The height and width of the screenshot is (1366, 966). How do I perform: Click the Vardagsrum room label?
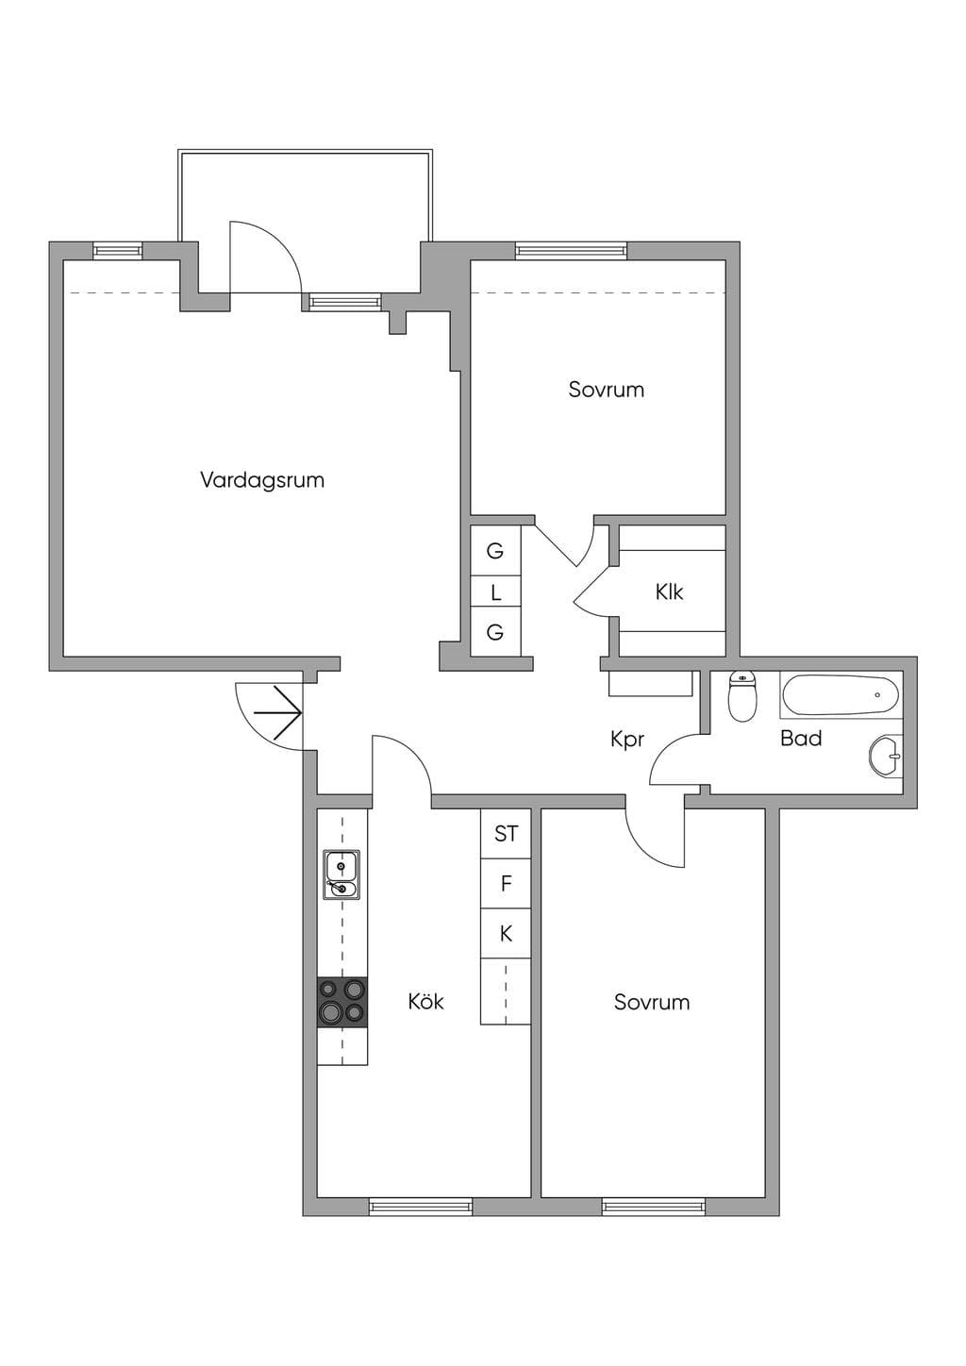tap(262, 481)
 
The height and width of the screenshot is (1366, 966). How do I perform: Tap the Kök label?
tap(425, 1002)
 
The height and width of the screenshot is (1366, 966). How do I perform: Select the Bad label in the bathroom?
tap(801, 739)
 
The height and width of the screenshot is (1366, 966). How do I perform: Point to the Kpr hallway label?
tap(627, 741)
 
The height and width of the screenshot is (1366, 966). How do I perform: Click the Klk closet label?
tap(669, 592)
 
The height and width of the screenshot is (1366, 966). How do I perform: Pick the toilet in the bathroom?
tap(742, 696)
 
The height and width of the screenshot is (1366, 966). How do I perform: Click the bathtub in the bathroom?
tap(841, 694)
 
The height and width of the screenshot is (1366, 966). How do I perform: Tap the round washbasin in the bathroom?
tap(886, 757)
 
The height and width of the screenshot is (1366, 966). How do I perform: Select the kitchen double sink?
tap(341, 875)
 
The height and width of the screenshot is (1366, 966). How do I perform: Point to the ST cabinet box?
tap(506, 834)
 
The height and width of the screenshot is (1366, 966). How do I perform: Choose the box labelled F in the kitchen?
tap(506, 884)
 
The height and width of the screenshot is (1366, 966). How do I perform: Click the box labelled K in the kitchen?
tap(506, 934)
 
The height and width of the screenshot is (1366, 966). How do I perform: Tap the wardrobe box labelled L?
tap(496, 591)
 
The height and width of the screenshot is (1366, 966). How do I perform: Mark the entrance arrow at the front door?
tap(277, 711)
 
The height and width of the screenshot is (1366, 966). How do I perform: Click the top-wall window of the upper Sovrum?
tap(572, 251)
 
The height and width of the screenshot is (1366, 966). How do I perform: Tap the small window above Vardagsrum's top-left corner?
tap(118, 251)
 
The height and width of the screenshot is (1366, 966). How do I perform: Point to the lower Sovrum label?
tap(652, 1003)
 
